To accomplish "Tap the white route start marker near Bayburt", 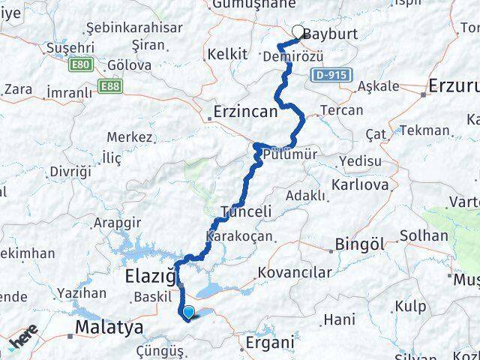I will [x=298, y=32].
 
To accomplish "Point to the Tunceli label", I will [x=246, y=211].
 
